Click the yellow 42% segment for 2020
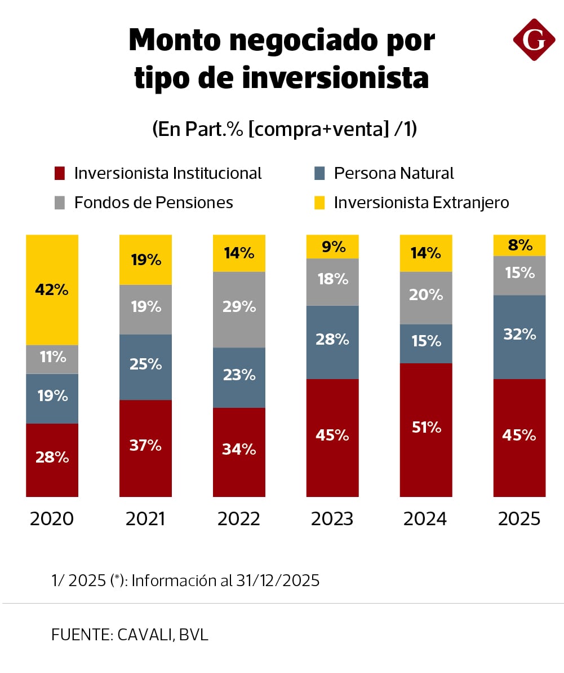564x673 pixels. [x=52, y=290]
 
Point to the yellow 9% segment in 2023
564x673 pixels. [x=332, y=247]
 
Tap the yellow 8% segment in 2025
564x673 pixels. [x=519, y=245]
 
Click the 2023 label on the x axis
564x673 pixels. [x=332, y=518]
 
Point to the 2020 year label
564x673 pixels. [x=52, y=518]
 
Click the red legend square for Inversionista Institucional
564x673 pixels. [x=60, y=173]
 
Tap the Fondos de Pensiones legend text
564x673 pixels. [x=153, y=203]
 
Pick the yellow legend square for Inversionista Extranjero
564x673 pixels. [x=319, y=203]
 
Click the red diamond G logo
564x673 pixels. [x=534, y=39]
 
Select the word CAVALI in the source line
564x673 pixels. [x=145, y=634]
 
